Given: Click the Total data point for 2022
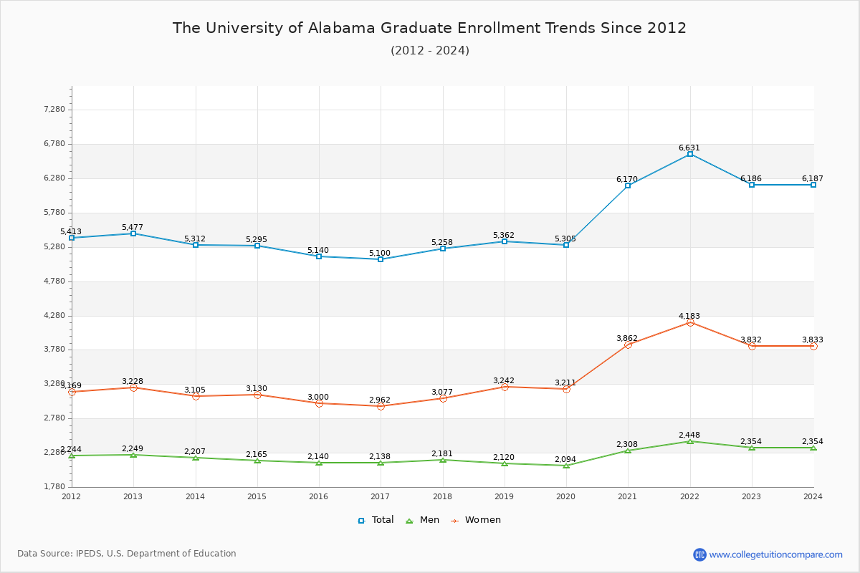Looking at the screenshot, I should (x=690, y=154).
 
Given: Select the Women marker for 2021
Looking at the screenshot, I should (x=629, y=345).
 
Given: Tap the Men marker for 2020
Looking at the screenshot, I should (x=566, y=466).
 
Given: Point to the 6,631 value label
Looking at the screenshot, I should (x=689, y=148).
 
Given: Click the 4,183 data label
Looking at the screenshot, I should (x=689, y=316).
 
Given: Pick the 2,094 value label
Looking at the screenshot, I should (x=565, y=460).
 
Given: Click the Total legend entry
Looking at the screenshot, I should (x=376, y=520).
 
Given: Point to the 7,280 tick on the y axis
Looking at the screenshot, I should (x=55, y=110).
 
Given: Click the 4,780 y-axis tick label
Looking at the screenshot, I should (x=55, y=281).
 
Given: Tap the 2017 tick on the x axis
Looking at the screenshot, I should (x=381, y=496).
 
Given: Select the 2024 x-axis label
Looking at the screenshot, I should (x=813, y=496).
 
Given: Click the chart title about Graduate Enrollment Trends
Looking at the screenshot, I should (x=429, y=28).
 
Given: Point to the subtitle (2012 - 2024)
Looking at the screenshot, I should (x=430, y=50).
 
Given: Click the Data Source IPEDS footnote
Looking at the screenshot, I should (x=127, y=554).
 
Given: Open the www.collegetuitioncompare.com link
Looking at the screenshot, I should (x=776, y=554).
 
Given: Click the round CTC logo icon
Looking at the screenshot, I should (x=699, y=554).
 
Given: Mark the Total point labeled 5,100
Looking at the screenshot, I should (x=381, y=259).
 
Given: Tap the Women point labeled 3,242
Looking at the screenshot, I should (x=505, y=387).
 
